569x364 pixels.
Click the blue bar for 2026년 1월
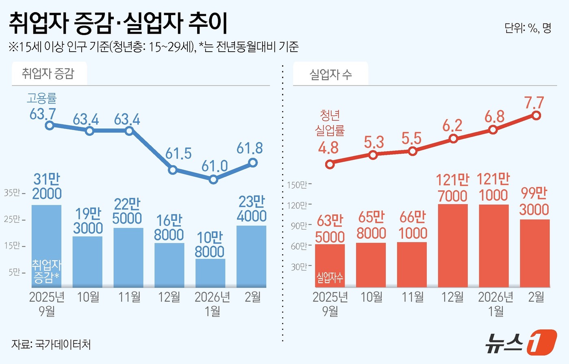click(x=210, y=273)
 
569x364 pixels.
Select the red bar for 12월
click(x=453, y=246)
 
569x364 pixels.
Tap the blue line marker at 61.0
click(x=214, y=179)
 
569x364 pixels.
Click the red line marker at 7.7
click(x=536, y=116)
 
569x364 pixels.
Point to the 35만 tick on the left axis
click(x=15, y=192)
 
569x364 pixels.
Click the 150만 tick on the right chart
click(x=299, y=185)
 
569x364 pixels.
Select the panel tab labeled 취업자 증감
click(x=48, y=74)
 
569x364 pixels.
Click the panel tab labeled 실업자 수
click(x=330, y=74)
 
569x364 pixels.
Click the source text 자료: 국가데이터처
click(x=51, y=344)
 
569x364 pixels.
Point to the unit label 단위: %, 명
click(x=528, y=28)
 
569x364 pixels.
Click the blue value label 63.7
click(x=43, y=114)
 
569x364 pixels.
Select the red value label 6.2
click(x=452, y=126)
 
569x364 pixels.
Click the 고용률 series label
click(x=42, y=98)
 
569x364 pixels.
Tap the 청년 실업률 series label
click(x=330, y=123)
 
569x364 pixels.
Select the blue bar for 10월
click(x=87, y=262)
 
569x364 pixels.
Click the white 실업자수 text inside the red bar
click(x=330, y=278)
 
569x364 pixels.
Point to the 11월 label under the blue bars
click(x=129, y=297)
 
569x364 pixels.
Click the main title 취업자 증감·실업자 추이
click(x=118, y=23)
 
